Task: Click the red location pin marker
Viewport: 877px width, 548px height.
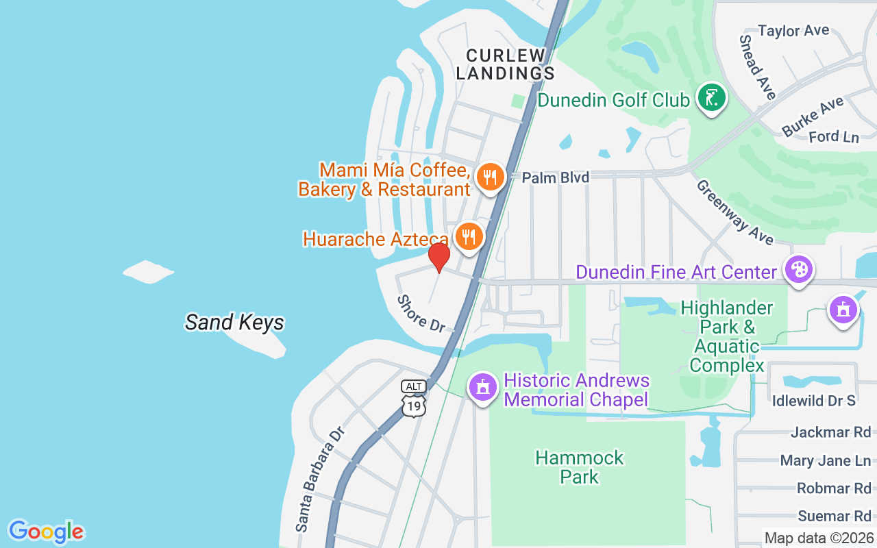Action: coord(439,257)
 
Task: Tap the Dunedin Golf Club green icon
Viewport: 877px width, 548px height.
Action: coord(711,99)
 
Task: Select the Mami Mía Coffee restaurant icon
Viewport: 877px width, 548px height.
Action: coord(489,177)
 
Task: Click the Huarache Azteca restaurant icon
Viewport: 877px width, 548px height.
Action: coord(469,237)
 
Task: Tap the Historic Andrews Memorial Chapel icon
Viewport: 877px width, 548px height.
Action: coord(482,388)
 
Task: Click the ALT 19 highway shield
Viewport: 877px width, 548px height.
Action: coord(414,398)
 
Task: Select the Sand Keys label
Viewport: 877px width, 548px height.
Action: coord(234,322)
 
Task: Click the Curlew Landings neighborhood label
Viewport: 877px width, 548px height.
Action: coord(505,64)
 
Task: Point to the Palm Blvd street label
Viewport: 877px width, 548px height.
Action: coord(555,178)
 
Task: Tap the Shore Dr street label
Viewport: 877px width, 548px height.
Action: coord(421,313)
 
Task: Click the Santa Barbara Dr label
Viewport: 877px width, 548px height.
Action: coord(319,479)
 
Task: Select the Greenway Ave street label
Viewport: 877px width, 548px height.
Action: coord(734,212)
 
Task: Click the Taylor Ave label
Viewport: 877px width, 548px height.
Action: coord(793,31)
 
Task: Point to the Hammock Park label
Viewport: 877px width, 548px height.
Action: coord(580,466)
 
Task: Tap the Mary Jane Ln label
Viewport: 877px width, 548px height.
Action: coord(826,460)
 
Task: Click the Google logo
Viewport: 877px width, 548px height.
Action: coord(46,532)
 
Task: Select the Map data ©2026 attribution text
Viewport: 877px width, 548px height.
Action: coord(819,538)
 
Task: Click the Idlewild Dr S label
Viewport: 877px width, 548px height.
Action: coord(814,401)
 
